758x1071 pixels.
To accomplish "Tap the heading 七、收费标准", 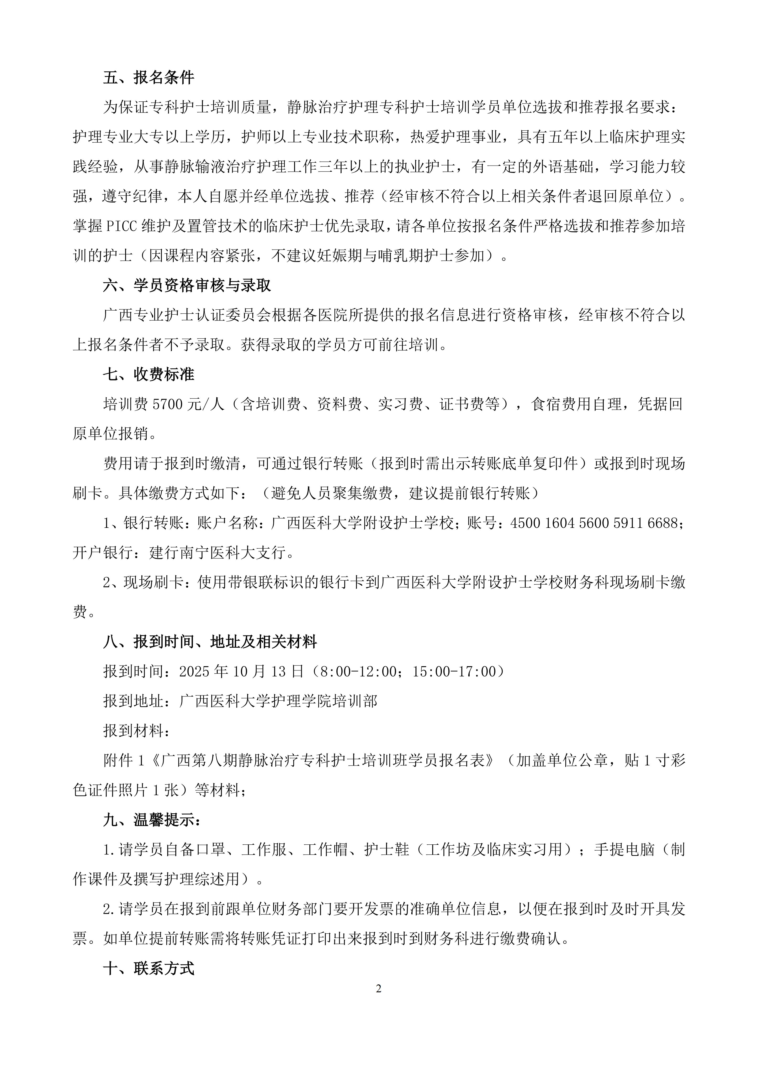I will (x=148, y=374).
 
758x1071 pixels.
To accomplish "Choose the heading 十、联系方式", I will (x=148, y=969).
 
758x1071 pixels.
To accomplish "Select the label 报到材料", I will (x=133, y=731).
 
